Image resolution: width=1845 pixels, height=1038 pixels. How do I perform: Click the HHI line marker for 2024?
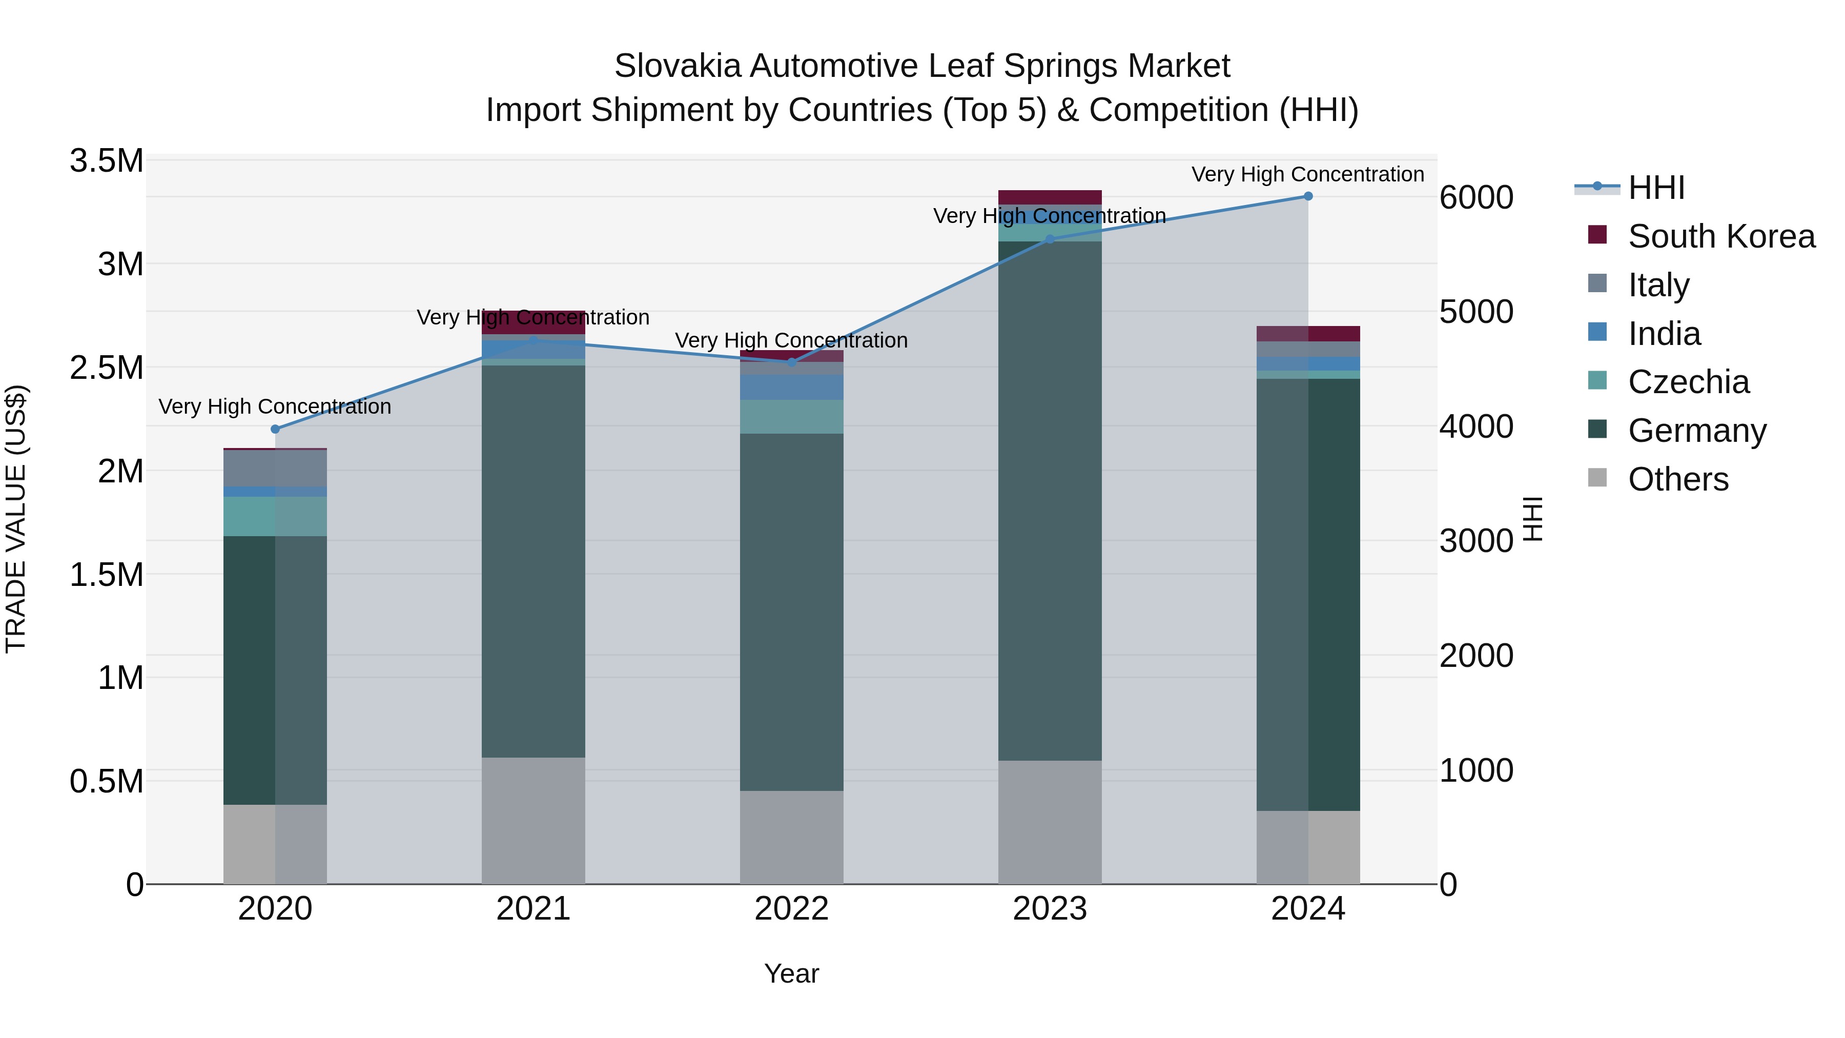click(x=1308, y=196)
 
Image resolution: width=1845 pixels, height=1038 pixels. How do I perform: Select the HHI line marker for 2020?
click(x=275, y=429)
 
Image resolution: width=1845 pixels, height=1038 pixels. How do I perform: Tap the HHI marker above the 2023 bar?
click(x=1050, y=239)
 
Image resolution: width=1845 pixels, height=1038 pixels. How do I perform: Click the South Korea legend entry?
click(x=1721, y=236)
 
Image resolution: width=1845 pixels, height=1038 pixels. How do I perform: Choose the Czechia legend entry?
click(x=1688, y=382)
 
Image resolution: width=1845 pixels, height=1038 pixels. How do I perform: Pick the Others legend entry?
click(x=1677, y=479)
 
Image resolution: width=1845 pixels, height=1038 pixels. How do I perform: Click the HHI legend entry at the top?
click(x=1656, y=188)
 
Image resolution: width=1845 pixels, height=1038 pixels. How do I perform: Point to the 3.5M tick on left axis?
click(x=107, y=161)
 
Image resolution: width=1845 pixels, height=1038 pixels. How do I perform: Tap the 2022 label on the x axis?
click(x=791, y=909)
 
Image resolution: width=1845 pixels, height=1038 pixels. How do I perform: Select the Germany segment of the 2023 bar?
click(x=1050, y=501)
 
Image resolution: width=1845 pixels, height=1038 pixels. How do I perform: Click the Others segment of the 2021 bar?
click(x=533, y=820)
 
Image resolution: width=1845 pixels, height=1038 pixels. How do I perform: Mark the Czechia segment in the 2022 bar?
click(x=791, y=416)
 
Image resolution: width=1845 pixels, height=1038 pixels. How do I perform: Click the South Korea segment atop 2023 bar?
click(x=1050, y=197)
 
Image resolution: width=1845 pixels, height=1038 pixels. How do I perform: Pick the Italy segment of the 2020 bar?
click(x=275, y=469)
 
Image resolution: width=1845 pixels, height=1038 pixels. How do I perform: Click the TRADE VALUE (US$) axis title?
click(x=16, y=519)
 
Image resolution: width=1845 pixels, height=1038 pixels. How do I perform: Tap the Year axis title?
click(x=791, y=973)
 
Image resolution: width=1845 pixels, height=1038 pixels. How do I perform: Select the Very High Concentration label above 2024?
click(x=1308, y=174)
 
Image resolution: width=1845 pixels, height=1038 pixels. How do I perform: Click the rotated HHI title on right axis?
click(x=1531, y=519)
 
